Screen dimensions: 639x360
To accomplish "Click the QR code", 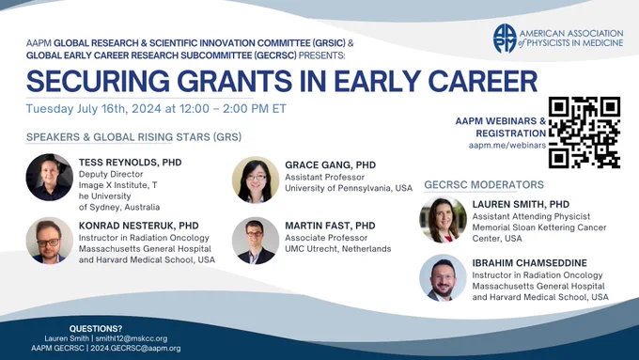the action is [x=584, y=133].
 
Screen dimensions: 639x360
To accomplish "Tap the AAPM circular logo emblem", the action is [x=505, y=39].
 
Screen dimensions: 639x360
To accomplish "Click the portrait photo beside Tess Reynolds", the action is [x=50, y=177].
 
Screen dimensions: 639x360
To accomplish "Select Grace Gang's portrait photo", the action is [x=256, y=180].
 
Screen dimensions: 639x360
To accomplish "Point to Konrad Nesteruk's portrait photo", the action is [x=50, y=241].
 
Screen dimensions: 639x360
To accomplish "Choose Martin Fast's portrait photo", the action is [x=256, y=241].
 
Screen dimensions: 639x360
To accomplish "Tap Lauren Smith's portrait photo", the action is [x=443, y=220].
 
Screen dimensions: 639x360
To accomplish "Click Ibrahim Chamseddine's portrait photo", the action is [x=443, y=278].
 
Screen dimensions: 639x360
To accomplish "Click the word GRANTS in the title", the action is [x=234, y=81].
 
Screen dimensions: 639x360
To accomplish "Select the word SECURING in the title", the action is [x=98, y=81].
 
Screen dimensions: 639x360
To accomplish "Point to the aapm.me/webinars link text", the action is [x=507, y=145].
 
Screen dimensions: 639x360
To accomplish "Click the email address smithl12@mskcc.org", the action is [x=132, y=338].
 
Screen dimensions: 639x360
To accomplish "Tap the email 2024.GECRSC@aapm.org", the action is [x=135, y=348].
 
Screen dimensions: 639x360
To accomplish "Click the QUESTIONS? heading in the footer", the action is [x=96, y=329].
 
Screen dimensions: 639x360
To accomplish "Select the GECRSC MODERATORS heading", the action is [x=484, y=184].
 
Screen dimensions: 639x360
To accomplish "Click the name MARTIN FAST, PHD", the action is [x=330, y=226].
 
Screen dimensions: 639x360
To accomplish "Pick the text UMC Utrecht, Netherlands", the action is [x=338, y=249].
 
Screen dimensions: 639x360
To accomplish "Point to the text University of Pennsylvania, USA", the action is [x=349, y=188].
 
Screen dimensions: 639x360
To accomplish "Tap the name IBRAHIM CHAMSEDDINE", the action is [x=530, y=263].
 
